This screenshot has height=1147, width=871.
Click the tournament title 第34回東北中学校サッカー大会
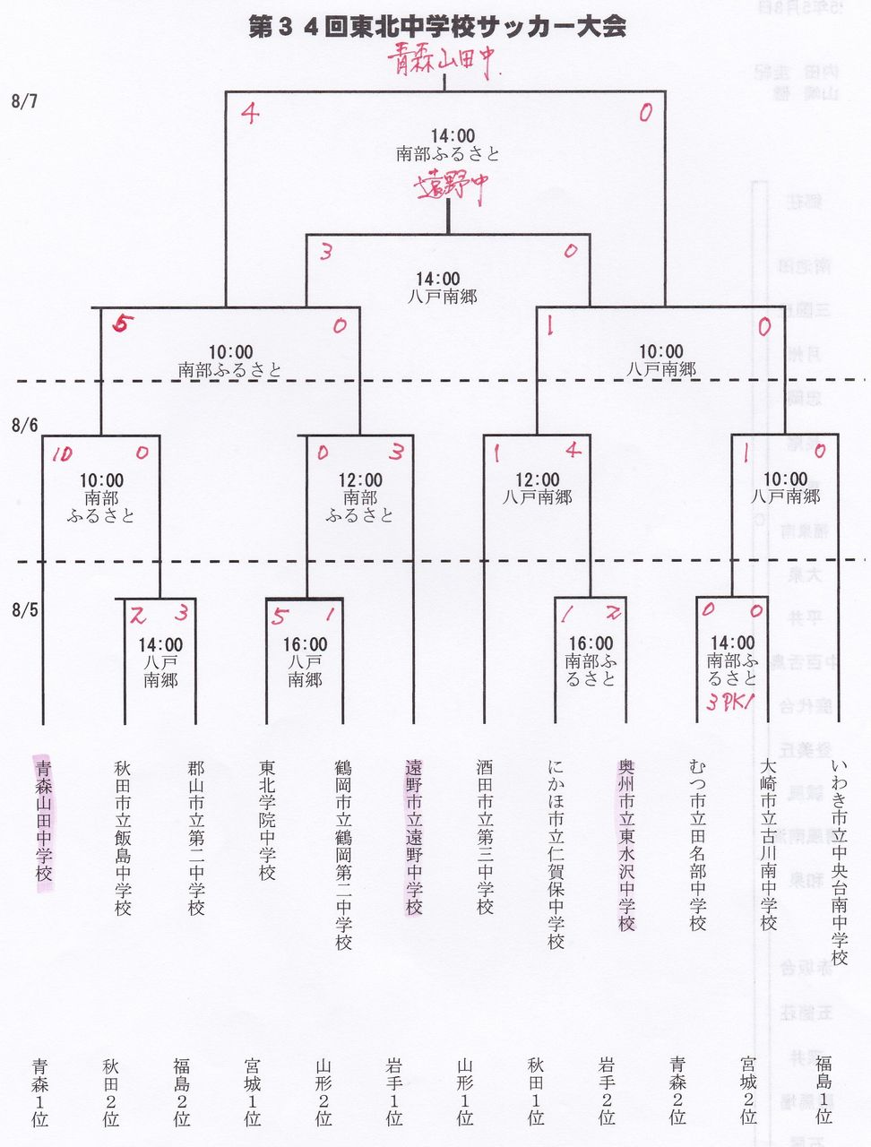click(x=436, y=28)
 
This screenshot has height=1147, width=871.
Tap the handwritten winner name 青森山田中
click(x=442, y=62)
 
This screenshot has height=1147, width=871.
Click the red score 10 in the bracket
click(x=61, y=455)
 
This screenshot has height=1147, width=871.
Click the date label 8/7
click(x=25, y=101)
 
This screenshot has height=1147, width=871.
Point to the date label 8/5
click(x=25, y=611)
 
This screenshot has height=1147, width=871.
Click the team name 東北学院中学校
click(x=267, y=821)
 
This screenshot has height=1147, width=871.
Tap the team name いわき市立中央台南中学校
click(x=839, y=862)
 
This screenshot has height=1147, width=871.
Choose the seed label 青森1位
click(x=40, y=1091)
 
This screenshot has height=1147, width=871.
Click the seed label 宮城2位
click(x=748, y=1091)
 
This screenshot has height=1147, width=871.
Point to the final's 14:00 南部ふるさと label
click(x=449, y=145)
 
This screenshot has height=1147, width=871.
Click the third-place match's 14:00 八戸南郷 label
click(x=449, y=288)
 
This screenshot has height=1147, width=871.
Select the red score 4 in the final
click(x=250, y=114)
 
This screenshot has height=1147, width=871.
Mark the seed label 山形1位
click(x=464, y=1091)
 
